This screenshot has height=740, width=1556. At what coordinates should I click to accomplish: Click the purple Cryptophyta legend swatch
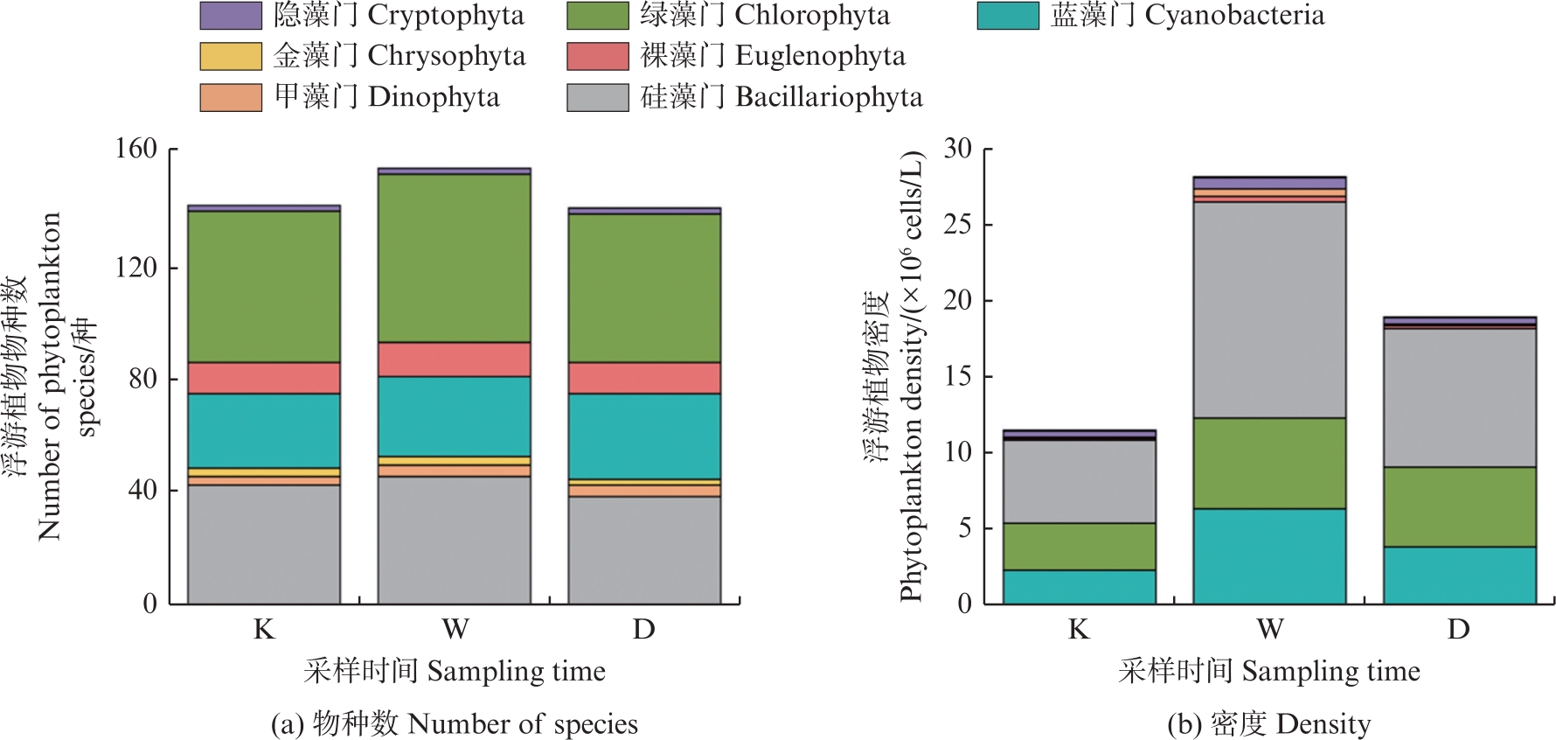coord(231,16)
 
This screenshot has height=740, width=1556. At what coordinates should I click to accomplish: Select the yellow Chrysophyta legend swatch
coord(231,56)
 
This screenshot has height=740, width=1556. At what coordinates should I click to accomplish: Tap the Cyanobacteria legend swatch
coord(1008,16)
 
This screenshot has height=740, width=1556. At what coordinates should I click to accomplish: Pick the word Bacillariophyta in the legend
coord(829,97)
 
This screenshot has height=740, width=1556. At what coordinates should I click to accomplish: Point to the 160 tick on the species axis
coord(136,149)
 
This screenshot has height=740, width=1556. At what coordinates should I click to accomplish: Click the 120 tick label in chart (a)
coord(136,267)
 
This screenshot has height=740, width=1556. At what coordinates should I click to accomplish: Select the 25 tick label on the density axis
coord(957,225)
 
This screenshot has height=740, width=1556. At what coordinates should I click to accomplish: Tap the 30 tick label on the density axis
coord(957,149)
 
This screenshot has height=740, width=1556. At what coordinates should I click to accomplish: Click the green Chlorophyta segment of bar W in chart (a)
coord(454,258)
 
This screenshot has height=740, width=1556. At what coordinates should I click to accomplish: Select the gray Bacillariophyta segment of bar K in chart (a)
coord(264,543)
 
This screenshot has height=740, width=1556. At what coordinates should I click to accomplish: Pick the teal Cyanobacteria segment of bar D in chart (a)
coord(644,436)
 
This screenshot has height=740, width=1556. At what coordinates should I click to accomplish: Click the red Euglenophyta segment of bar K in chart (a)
coord(264,378)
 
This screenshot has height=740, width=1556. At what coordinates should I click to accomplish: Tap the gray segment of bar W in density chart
coord(1269,310)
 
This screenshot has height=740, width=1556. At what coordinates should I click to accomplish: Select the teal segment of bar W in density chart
coord(1269,555)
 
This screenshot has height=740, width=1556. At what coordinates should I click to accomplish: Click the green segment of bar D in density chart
coord(1459,506)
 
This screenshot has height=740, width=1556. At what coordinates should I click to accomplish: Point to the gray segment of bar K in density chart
coord(1079,481)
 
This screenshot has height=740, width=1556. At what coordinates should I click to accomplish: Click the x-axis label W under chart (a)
coord(455,629)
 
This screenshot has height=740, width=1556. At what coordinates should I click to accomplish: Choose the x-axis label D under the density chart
coord(1458,629)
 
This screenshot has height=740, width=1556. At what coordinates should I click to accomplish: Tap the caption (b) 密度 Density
coord(1268,724)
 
